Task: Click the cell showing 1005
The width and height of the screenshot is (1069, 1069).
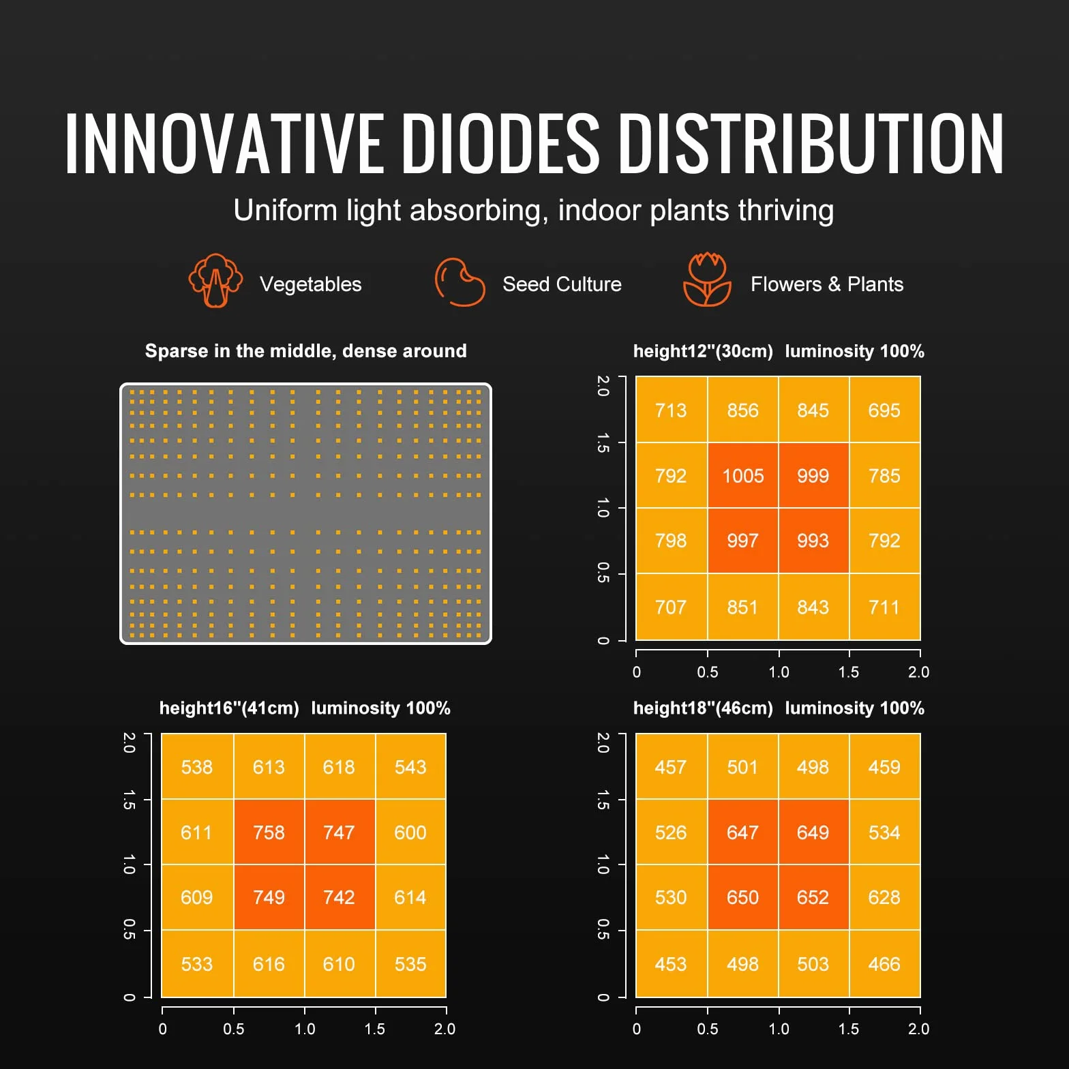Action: pyautogui.click(x=743, y=475)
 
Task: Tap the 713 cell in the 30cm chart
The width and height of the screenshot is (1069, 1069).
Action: pyautogui.click(x=672, y=410)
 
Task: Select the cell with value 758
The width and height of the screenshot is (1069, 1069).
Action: pyautogui.click(x=269, y=832)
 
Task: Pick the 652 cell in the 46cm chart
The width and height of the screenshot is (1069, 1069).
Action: pyautogui.click(x=813, y=897)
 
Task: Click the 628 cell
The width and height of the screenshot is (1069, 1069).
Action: pyautogui.click(x=885, y=897)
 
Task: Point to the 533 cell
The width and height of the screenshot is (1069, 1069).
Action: pyautogui.click(x=197, y=963)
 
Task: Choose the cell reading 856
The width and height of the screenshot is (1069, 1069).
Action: pyautogui.click(x=743, y=410)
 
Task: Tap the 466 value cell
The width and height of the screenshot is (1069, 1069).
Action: pyautogui.click(x=885, y=963)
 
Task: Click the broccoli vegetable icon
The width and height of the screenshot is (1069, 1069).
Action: pyautogui.click(x=215, y=280)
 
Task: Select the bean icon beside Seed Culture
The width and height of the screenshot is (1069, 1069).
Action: pyautogui.click(x=460, y=282)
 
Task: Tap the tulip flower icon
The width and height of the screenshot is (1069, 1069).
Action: pyautogui.click(x=707, y=280)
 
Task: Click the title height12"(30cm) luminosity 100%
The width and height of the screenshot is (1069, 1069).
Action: pyautogui.click(x=779, y=351)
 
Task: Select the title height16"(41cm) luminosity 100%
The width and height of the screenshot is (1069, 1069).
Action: pyautogui.click(x=305, y=708)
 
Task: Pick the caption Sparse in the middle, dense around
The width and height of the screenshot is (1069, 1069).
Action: pyautogui.click(x=306, y=351)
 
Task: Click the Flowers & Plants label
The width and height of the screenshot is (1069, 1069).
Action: pyautogui.click(x=827, y=284)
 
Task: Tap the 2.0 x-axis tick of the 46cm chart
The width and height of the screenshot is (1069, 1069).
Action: pyautogui.click(x=918, y=1029)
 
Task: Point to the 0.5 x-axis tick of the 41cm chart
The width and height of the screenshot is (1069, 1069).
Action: pyautogui.click(x=233, y=1029)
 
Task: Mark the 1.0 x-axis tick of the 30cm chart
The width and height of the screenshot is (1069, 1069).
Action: pyautogui.click(x=779, y=672)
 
